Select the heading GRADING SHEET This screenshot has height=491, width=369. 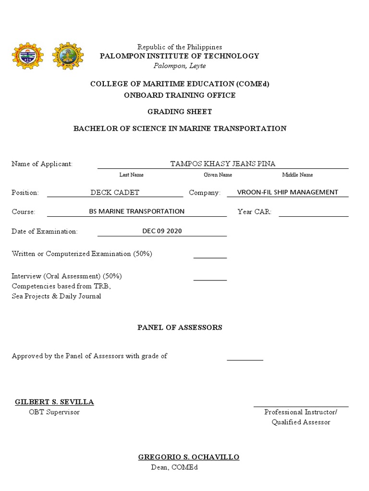coord(179,112)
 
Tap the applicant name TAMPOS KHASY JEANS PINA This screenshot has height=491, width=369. coord(223,164)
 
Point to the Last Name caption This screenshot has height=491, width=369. coord(131,175)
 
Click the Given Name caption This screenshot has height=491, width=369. coord(218,175)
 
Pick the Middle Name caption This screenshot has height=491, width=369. coord(297,175)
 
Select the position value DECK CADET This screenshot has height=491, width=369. coord(115,192)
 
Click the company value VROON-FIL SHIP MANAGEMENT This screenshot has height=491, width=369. coord(288,192)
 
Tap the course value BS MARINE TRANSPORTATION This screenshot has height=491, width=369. coord(137,211)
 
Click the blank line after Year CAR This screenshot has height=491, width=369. coord(313,216)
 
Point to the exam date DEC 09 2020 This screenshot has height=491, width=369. coord(162,231)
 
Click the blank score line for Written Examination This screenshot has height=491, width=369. coord(210,257)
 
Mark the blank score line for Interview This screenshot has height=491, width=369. coord(210,280)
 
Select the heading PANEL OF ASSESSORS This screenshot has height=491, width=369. coord(180,327)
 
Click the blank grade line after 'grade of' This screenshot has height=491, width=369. coord(245,359)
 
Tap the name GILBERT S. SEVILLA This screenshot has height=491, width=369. coord(54,402)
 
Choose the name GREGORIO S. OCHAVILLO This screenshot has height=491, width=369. coord(189,457)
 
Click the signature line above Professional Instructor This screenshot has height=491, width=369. coord(301,407)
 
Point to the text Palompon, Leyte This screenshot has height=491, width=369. coord(179,66)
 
